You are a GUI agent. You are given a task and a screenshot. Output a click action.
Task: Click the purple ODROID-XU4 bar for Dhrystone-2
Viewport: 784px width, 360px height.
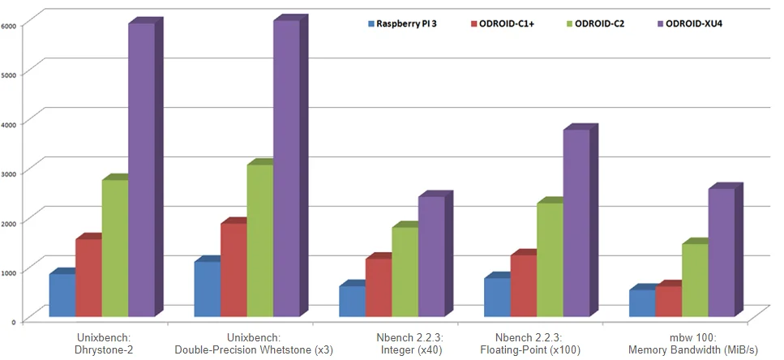click(141, 170)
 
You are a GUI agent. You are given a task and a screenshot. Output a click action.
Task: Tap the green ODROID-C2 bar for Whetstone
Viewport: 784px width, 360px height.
click(259, 241)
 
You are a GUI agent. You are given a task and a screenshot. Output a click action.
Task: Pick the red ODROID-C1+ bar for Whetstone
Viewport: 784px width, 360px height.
click(233, 270)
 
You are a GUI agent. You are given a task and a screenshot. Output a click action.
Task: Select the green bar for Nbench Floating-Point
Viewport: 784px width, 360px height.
click(550, 259)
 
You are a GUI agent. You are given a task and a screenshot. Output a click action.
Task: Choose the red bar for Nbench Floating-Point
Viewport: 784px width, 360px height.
click(523, 285)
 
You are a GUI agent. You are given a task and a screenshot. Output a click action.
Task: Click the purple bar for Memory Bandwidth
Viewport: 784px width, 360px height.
click(721, 252)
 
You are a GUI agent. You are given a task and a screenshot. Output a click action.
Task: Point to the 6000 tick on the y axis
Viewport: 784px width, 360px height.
click(9, 26)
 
